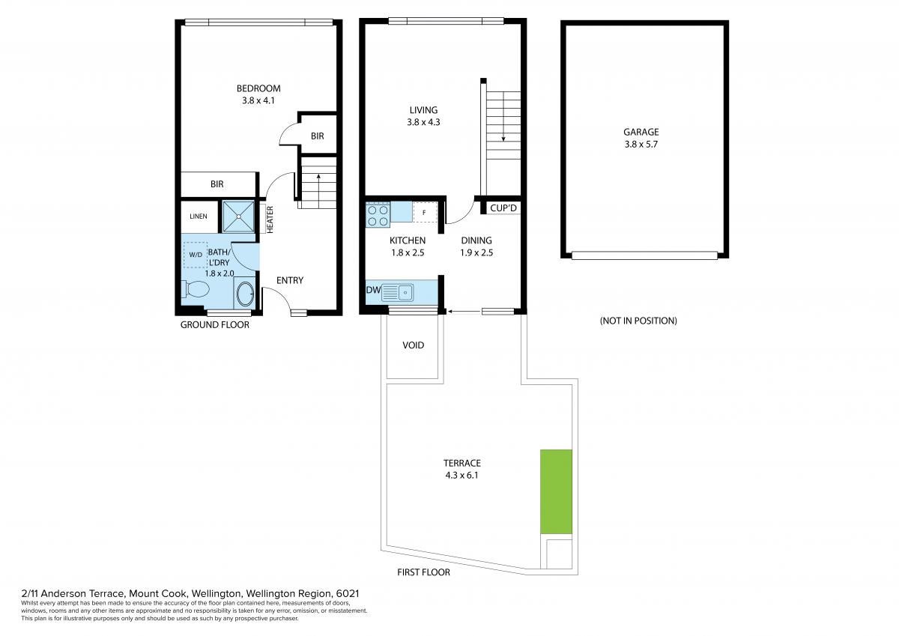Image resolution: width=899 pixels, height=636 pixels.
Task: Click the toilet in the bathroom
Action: tap(196, 289)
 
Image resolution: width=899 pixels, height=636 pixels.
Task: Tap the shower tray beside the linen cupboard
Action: tap(238, 216)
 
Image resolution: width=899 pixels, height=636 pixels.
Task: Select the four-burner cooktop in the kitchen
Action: tap(378, 215)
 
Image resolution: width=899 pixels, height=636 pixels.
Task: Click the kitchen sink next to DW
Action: tap(397, 292)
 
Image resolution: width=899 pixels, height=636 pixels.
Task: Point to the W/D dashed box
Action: tap(195, 255)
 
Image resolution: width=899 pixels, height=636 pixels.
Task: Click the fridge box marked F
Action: tap(424, 212)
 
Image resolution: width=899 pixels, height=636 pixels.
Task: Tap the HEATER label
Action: tap(270, 219)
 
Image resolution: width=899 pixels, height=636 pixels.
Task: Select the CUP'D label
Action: tap(503, 208)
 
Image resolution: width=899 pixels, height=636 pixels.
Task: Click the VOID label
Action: tap(414, 345)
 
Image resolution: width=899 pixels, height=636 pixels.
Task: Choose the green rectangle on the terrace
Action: tap(556, 491)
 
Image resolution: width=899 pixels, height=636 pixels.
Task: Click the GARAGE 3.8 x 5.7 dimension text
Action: tap(641, 145)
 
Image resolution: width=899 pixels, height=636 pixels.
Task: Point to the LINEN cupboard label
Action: tap(199, 216)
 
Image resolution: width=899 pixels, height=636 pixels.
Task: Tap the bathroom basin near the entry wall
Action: tap(245, 294)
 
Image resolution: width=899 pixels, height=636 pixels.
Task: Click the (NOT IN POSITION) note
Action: tap(638, 321)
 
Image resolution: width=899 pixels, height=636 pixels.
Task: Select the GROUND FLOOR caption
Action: tap(215, 325)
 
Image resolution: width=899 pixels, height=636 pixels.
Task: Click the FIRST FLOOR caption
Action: tap(423, 572)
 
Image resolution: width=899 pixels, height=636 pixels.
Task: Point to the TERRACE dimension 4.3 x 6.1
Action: tap(462, 476)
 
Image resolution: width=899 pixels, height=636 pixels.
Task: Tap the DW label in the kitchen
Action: tap(373, 290)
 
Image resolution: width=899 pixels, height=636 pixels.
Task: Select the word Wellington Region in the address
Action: tap(288, 593)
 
